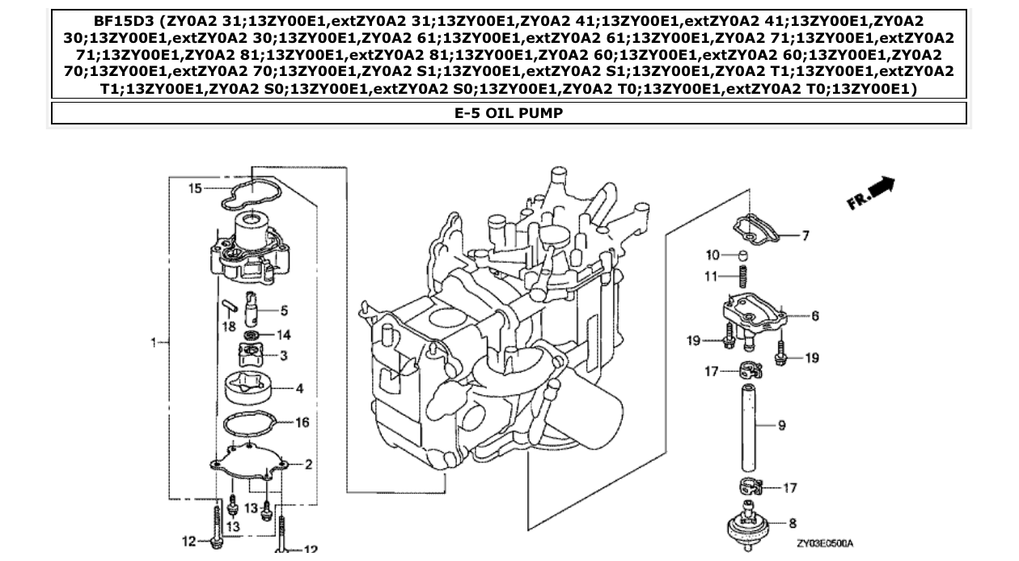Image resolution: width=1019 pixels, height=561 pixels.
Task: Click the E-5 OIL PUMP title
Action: pyautogui.click(x=509, y=113)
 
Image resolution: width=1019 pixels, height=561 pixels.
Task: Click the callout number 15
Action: pyautogui.click(x=195, y=188)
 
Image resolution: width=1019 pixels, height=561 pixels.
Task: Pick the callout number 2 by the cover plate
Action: pyautogui.click(x=309, y=464)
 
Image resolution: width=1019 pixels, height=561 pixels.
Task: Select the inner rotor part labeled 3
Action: pyautogui.click(x=252, y=354)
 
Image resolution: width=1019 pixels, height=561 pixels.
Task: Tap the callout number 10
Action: pyautogui.click(x=712, y=255)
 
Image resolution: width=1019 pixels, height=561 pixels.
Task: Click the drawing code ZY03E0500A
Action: pyautogui.click(x=824, y=544)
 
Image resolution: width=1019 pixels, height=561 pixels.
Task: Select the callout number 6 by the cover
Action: pyautogui.click(x=814, y=316)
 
